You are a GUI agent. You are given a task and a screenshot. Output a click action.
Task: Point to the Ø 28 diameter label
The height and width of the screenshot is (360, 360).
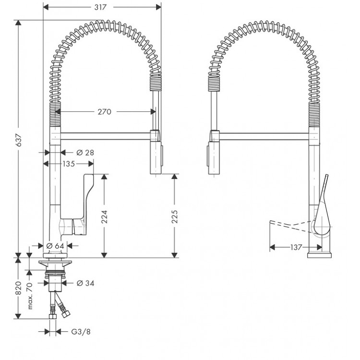tap(85, 152)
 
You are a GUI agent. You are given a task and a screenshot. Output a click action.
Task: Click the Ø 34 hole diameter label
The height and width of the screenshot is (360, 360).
tap(85, 283)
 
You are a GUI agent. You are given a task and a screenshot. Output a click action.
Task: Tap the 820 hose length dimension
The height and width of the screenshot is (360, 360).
tap(18, 288)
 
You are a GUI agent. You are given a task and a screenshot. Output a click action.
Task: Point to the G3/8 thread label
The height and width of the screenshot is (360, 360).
tap(82, 331)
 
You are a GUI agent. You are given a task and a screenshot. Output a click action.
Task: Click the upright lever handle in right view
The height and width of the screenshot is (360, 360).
tap(321, 202)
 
